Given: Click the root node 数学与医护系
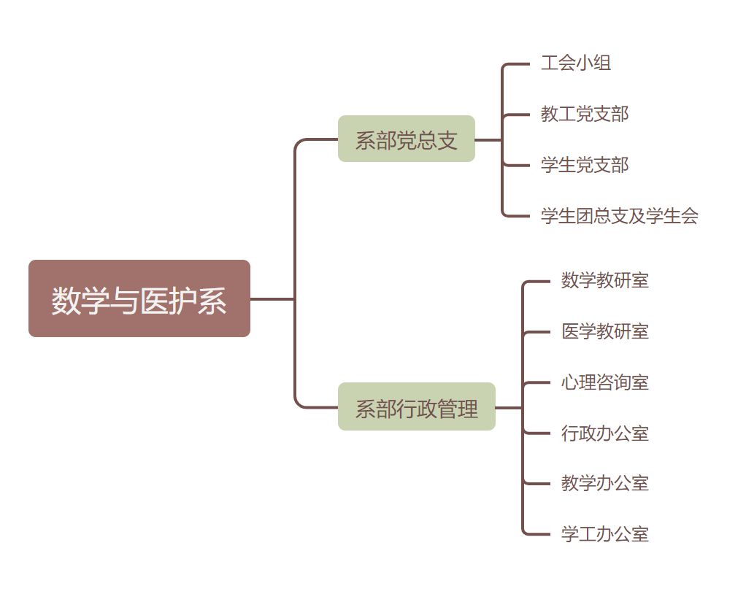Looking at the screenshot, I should (139, 298).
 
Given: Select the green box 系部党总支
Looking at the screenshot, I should (406, 139).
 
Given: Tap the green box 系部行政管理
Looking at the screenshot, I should (416, 407).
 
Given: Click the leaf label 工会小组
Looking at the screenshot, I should (575, 63).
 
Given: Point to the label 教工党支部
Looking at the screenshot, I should (584, 114).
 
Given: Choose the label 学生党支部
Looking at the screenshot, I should (584, 165).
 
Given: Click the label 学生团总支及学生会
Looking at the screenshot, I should (619, 216).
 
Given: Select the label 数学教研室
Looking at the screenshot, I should (604, 280).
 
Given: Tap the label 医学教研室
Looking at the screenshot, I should (604, 331).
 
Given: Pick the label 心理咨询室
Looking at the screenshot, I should (604, 382).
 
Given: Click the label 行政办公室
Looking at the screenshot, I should (604, 433).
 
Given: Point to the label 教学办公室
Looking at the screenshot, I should (604, 483).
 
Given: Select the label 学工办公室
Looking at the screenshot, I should (604, 534).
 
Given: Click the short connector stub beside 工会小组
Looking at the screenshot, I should (518, 64).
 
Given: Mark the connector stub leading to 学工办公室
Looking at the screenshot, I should (538, 534).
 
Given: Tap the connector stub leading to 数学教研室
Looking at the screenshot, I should (538, 281).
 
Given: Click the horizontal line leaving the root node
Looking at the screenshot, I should (272, 298).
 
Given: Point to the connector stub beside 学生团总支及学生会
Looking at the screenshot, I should (518, 217).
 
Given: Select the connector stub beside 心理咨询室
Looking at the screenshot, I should (538, 382).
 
